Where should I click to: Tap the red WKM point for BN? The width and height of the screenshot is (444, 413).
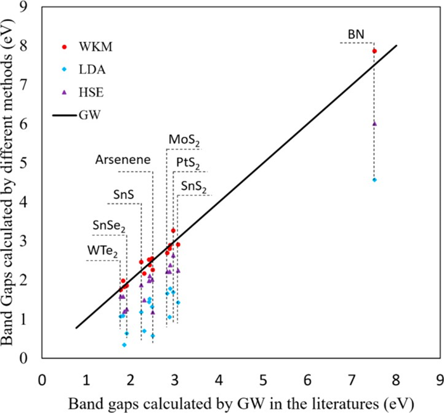pos(374,51)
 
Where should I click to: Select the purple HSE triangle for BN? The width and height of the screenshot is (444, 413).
pos(374,124)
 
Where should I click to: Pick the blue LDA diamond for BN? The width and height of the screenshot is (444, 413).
pos(374,180)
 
